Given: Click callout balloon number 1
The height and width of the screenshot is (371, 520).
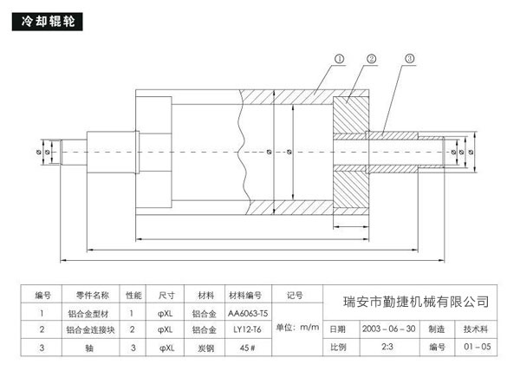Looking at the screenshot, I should pyautogui.click(x=339, y=59).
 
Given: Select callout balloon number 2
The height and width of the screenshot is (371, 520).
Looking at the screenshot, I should pyautogui.click(x=371, y=59).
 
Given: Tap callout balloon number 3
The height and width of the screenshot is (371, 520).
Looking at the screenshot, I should pyautogui.click(x=409, y=59).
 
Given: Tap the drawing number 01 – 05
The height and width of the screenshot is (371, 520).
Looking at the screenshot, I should pyautogui.click(x=476, y=348).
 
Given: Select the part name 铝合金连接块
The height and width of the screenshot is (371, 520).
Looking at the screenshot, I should pyautogui.click(x=88, y=329).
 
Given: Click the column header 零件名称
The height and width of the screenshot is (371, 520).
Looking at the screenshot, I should pyautogui.click(x=88, y=294).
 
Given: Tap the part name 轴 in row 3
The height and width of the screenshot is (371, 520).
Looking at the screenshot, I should pyautogui.click(x=88, y=348).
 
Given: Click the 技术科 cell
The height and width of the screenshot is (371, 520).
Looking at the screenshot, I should pyautogui.click(x=476, y=330).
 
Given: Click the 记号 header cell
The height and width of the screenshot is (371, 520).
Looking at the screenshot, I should pyautogui.click(x=295, y=295).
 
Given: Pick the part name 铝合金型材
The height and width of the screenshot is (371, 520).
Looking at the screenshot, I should pyautogui.click(x=88, y=312).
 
